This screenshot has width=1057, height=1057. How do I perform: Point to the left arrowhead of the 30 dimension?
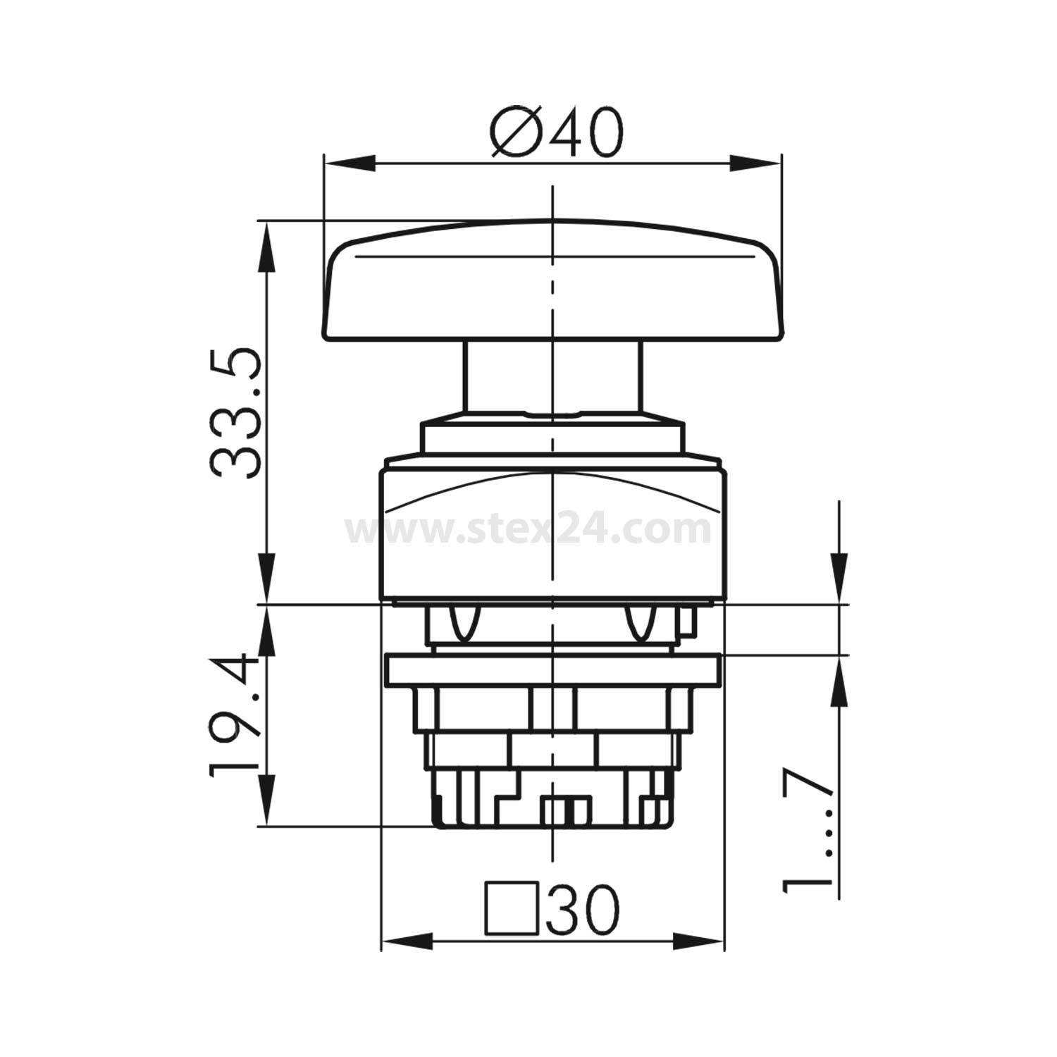tap(405, 941)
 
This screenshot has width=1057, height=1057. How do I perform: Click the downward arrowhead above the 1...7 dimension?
tap(839, 578)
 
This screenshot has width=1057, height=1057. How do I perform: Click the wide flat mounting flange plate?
tap(552, 669)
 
